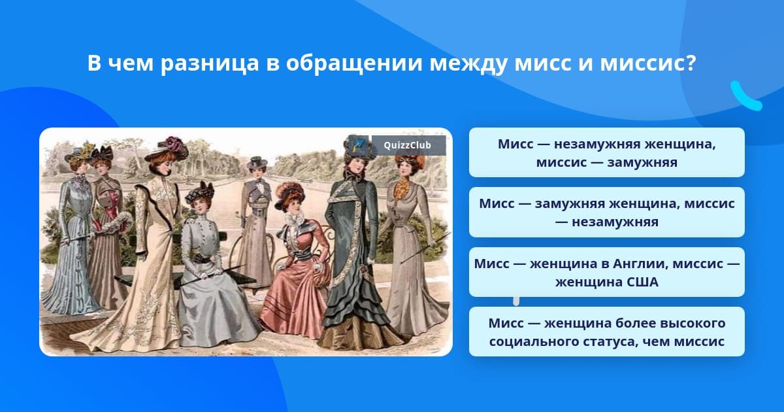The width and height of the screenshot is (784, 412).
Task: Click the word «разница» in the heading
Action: pos(210,63)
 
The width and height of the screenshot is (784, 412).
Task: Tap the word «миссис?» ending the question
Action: pos(648,63)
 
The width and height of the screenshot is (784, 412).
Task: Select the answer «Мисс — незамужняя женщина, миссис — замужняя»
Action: pos(606,152)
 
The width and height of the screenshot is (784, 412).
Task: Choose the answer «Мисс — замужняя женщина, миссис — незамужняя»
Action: pos(606,213)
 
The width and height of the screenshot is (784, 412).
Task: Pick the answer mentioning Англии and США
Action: pos(606,272)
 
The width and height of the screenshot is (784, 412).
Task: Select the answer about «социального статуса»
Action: pos(606,332)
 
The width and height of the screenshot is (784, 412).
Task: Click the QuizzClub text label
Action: pos(407,145)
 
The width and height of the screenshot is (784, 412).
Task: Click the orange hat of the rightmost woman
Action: pos(410,160)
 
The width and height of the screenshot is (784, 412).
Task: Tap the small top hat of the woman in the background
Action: pos(257,162)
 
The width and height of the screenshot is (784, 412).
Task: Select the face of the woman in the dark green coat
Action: pos(356,165)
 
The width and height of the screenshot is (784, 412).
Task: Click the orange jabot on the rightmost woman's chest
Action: pos(401,190)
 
